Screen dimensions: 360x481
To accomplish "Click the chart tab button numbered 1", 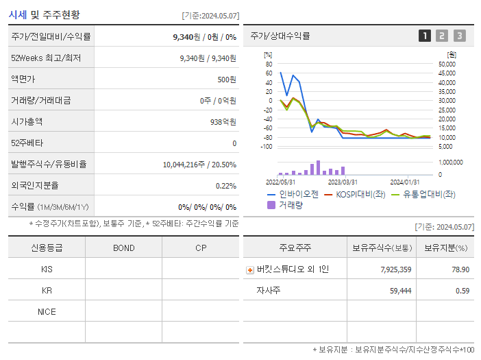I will point(425,36).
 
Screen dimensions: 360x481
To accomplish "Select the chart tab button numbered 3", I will point(459,36).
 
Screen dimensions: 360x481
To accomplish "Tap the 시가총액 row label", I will point(27,122).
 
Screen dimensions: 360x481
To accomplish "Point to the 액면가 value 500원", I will point(227,80).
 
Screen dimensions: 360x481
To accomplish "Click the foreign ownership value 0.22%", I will point(226,186).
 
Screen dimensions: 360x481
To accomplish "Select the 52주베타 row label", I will point(27,143).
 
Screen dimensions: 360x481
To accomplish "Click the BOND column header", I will point(123,248).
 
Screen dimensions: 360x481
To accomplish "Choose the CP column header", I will point(201,248).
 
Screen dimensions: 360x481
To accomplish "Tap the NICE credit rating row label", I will point(47,312).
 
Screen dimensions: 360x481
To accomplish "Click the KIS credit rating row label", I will point(47,269).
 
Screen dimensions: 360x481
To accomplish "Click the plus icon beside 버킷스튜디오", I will point(250,270).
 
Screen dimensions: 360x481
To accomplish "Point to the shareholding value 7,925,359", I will point(395,270).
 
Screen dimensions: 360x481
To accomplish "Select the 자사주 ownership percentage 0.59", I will point(464,291).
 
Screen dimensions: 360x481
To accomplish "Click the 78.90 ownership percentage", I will point(460,270).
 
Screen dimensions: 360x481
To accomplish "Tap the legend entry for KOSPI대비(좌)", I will point(356,194).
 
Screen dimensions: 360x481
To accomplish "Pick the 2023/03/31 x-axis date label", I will point(343,182).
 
